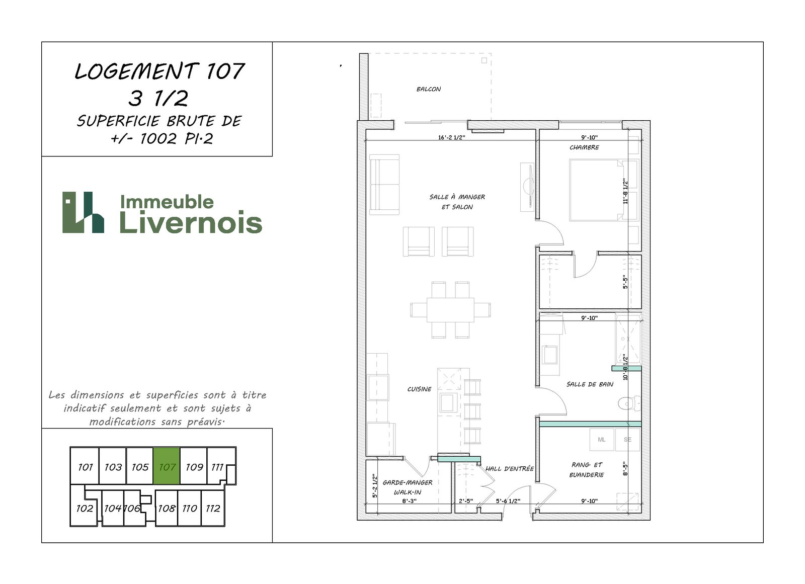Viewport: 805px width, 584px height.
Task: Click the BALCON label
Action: coord(428,89)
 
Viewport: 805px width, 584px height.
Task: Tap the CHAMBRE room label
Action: coord(584,147)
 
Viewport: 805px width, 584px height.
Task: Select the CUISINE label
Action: coord(419,389)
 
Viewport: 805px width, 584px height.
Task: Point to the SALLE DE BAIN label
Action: coord(590,384)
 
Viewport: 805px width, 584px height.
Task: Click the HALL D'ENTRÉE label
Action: coord(509,469)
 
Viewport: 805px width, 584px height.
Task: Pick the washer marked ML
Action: coord(602,440)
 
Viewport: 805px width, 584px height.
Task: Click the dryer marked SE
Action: coord(627,440)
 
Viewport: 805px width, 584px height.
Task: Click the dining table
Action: coord(450,310)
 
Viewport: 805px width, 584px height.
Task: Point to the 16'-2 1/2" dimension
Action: coord(451,137)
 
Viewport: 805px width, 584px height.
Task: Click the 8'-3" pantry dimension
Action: coord(409,501)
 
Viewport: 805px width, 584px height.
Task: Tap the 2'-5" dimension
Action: coord(466,501)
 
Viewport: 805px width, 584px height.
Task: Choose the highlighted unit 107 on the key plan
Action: coord(167,466)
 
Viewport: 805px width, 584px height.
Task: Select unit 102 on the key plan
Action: coord(85,508)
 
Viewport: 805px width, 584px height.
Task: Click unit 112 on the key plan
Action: coord(213,508)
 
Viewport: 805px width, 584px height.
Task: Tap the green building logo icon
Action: coord(84,212)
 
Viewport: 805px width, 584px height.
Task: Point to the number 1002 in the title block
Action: coord(158,139)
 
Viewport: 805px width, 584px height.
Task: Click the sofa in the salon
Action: coord(384,185)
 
